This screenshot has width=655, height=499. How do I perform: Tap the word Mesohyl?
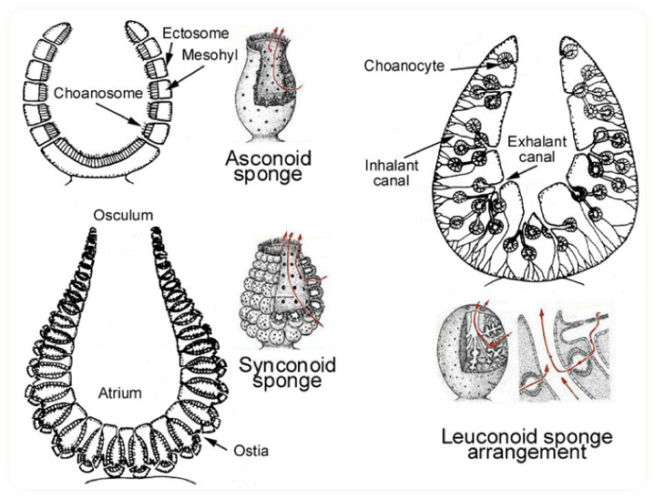(209, 55)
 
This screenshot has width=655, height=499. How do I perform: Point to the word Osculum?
(123, 215)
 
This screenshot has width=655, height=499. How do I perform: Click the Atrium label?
(119, 393)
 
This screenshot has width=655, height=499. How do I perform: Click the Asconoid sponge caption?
(268, 167)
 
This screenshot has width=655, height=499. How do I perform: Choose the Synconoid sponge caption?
(287, 372)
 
